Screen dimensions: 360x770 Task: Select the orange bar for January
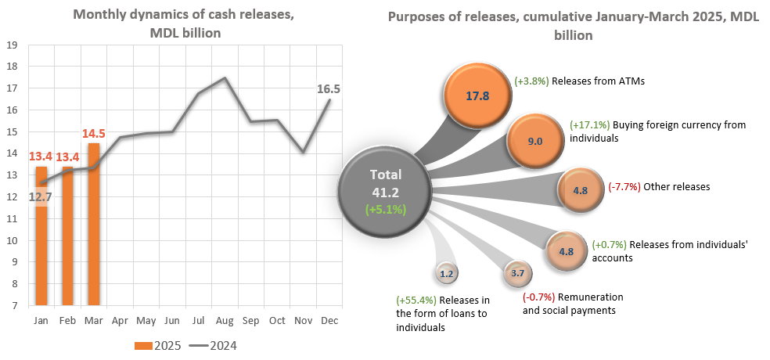(41, 250)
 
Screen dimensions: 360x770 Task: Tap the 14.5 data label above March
(93, 134)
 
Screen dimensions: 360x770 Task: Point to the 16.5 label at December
(327, 89)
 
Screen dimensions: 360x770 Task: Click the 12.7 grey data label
(41, 196)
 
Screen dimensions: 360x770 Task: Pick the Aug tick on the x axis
(225, 320)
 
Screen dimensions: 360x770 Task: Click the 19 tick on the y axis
(13, 45)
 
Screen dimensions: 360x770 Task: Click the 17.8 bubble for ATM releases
(477, 96)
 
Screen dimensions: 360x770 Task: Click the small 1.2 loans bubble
(447, 274)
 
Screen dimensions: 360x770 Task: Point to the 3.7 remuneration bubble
(517, 273)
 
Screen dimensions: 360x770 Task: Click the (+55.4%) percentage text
(416, 301)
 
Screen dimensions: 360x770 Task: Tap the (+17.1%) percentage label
(590, 124)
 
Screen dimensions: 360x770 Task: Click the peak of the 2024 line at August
(225, 77)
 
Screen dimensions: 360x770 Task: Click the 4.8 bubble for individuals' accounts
(567, 251)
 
